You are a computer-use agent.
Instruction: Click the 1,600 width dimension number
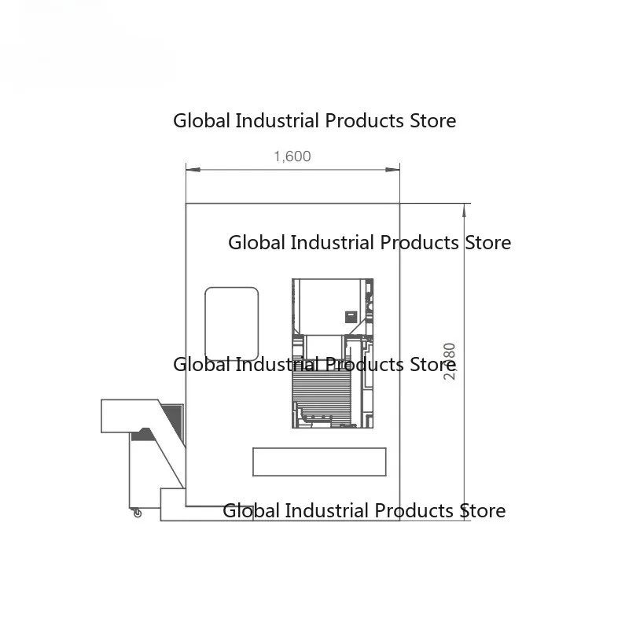(292, 156)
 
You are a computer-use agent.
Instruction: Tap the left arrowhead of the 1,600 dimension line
(189, 168)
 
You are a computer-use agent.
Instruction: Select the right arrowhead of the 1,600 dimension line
(396, 168)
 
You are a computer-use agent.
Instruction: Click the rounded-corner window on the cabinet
(232, 322)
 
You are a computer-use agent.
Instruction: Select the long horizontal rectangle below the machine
(319, 462)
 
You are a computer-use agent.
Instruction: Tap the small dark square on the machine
(351, 316)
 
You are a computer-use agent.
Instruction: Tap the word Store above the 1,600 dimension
(432, 121)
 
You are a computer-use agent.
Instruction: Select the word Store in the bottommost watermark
(482, 511)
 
